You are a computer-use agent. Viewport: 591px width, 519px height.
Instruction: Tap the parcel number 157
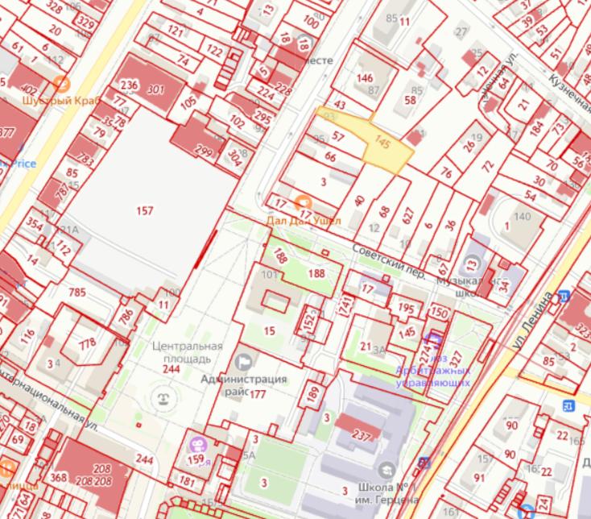(x=145, y=211)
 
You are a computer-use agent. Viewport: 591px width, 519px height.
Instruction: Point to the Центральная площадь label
(x=182, y=351)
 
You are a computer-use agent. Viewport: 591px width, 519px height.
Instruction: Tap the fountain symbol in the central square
(x=165, y=397)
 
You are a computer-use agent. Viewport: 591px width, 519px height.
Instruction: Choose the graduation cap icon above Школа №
(x=387, y=470)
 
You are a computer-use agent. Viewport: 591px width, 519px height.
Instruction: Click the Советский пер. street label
(x=388, y=262)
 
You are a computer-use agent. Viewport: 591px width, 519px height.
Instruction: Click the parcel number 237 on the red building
(x=362, y=434)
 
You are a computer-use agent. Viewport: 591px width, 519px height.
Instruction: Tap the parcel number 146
(x=366, y=78)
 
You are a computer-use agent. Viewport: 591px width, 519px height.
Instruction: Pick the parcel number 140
(x=523, y=216)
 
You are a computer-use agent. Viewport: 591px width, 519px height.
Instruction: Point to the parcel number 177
(x=258, y=394)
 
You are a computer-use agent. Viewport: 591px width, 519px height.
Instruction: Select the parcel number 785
(x=77, y=292)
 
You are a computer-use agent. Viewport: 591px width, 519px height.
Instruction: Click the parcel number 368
(x=58, y=477)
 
